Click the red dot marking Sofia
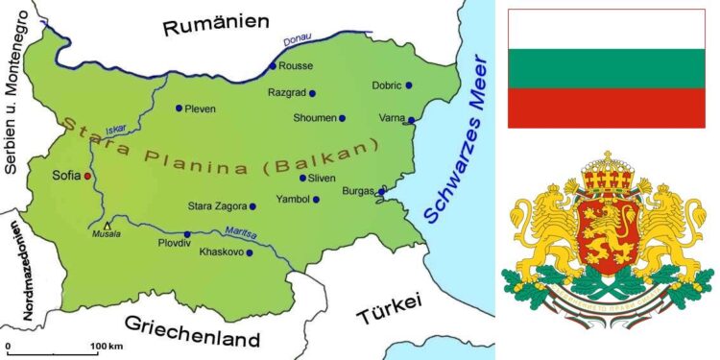coord(87,177)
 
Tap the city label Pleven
coord(200,108)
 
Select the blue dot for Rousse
coord(273,66)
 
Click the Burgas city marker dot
coord(381,192)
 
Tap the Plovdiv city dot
coord(187,233)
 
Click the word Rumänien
coord(213,27)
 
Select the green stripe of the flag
coord(605,67)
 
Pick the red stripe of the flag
coord(605,108)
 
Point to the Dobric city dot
coord(408,85)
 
